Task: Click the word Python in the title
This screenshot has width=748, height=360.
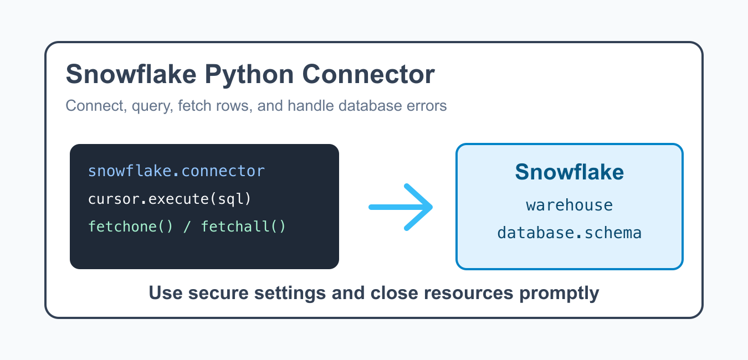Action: point(249,75)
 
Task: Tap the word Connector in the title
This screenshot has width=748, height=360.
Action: point(368,74)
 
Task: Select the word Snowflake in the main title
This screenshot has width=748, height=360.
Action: point(131,74)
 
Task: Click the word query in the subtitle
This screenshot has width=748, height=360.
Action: point(152,106)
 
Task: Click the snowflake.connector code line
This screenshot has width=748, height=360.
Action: point(176,171)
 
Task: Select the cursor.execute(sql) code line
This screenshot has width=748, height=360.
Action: point(170,199)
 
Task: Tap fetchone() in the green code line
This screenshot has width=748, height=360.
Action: point(131,227)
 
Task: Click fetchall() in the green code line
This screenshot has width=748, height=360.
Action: point(243,227)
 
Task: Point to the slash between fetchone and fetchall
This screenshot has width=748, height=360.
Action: point(187,227)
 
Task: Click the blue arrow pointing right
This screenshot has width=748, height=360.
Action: point(401,207)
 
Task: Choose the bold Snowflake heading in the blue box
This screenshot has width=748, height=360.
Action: point(570,172)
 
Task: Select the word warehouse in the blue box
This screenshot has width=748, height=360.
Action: point(570,205)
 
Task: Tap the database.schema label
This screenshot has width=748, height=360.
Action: point(570,233)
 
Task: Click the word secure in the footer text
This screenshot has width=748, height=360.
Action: point(218,294)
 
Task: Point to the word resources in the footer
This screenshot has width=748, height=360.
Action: point(469,294)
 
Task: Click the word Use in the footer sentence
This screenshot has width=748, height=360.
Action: point(166,292)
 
